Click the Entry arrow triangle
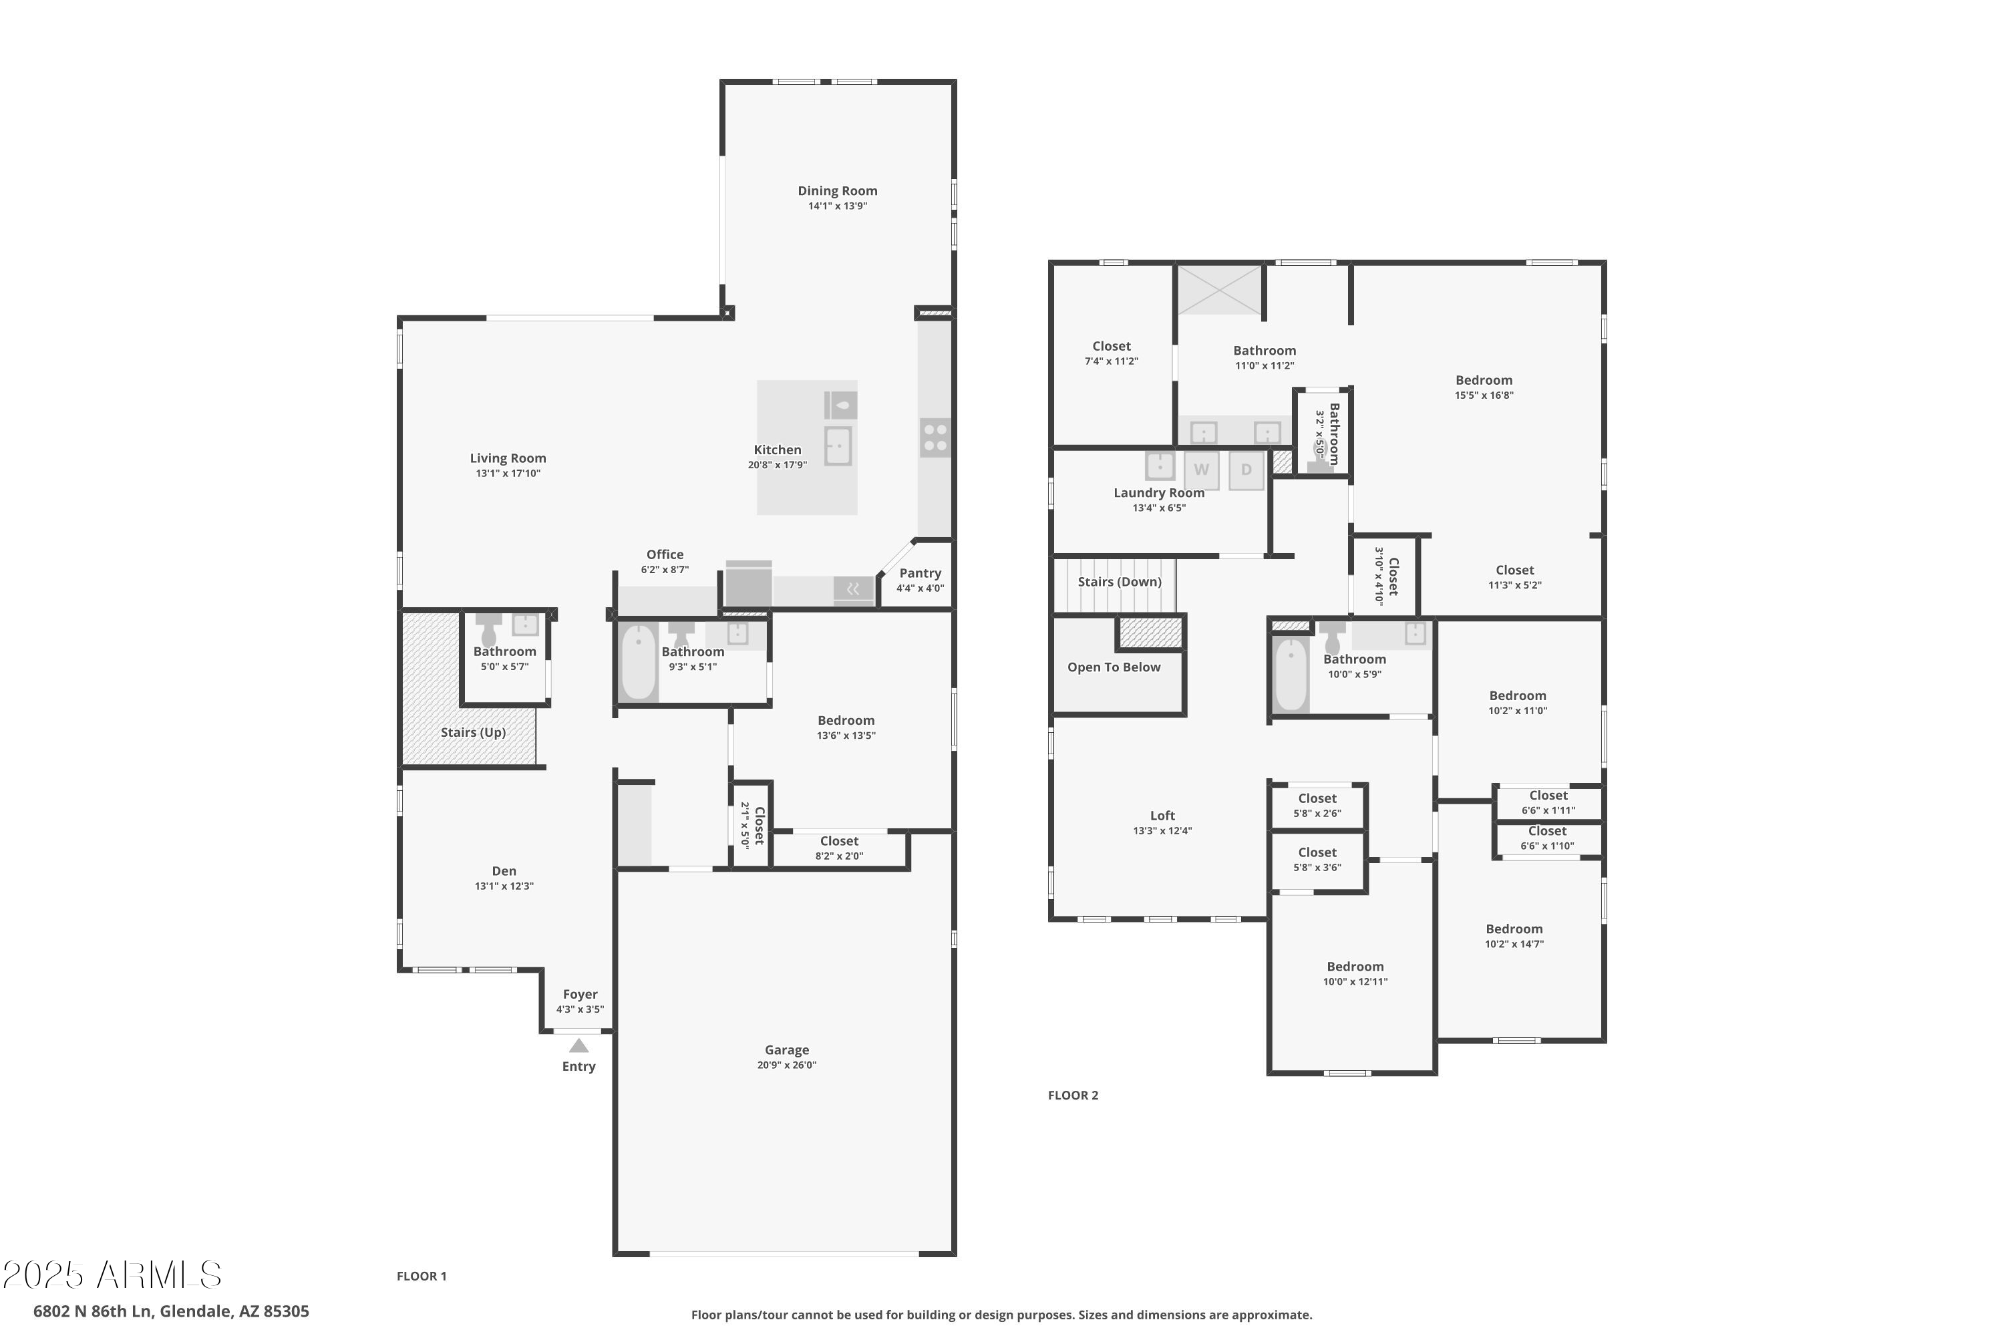(x=578, y=1045)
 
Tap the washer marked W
(x=1201, y=470)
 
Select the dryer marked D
(x=1246, y=470)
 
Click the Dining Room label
(x=838, y=191)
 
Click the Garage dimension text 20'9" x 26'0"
(x=786, y=1065)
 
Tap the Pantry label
(x=921, y=573)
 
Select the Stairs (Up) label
(x=473, y=733)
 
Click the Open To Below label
(x=1114, y=667)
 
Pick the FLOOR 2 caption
(x=1073, y=1096)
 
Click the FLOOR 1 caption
(x=421, y=1277)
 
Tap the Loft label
(x=1162, y=816)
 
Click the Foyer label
(x=580, y=995)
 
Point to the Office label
(x=665, y=554)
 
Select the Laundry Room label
(x=1159, y=494)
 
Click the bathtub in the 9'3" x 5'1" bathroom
(x=638, y=663)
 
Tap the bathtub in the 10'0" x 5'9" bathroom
(x=1291, y=674)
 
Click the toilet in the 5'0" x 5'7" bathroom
(x=488, y=630)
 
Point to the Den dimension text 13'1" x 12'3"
(x=504, y=886)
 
